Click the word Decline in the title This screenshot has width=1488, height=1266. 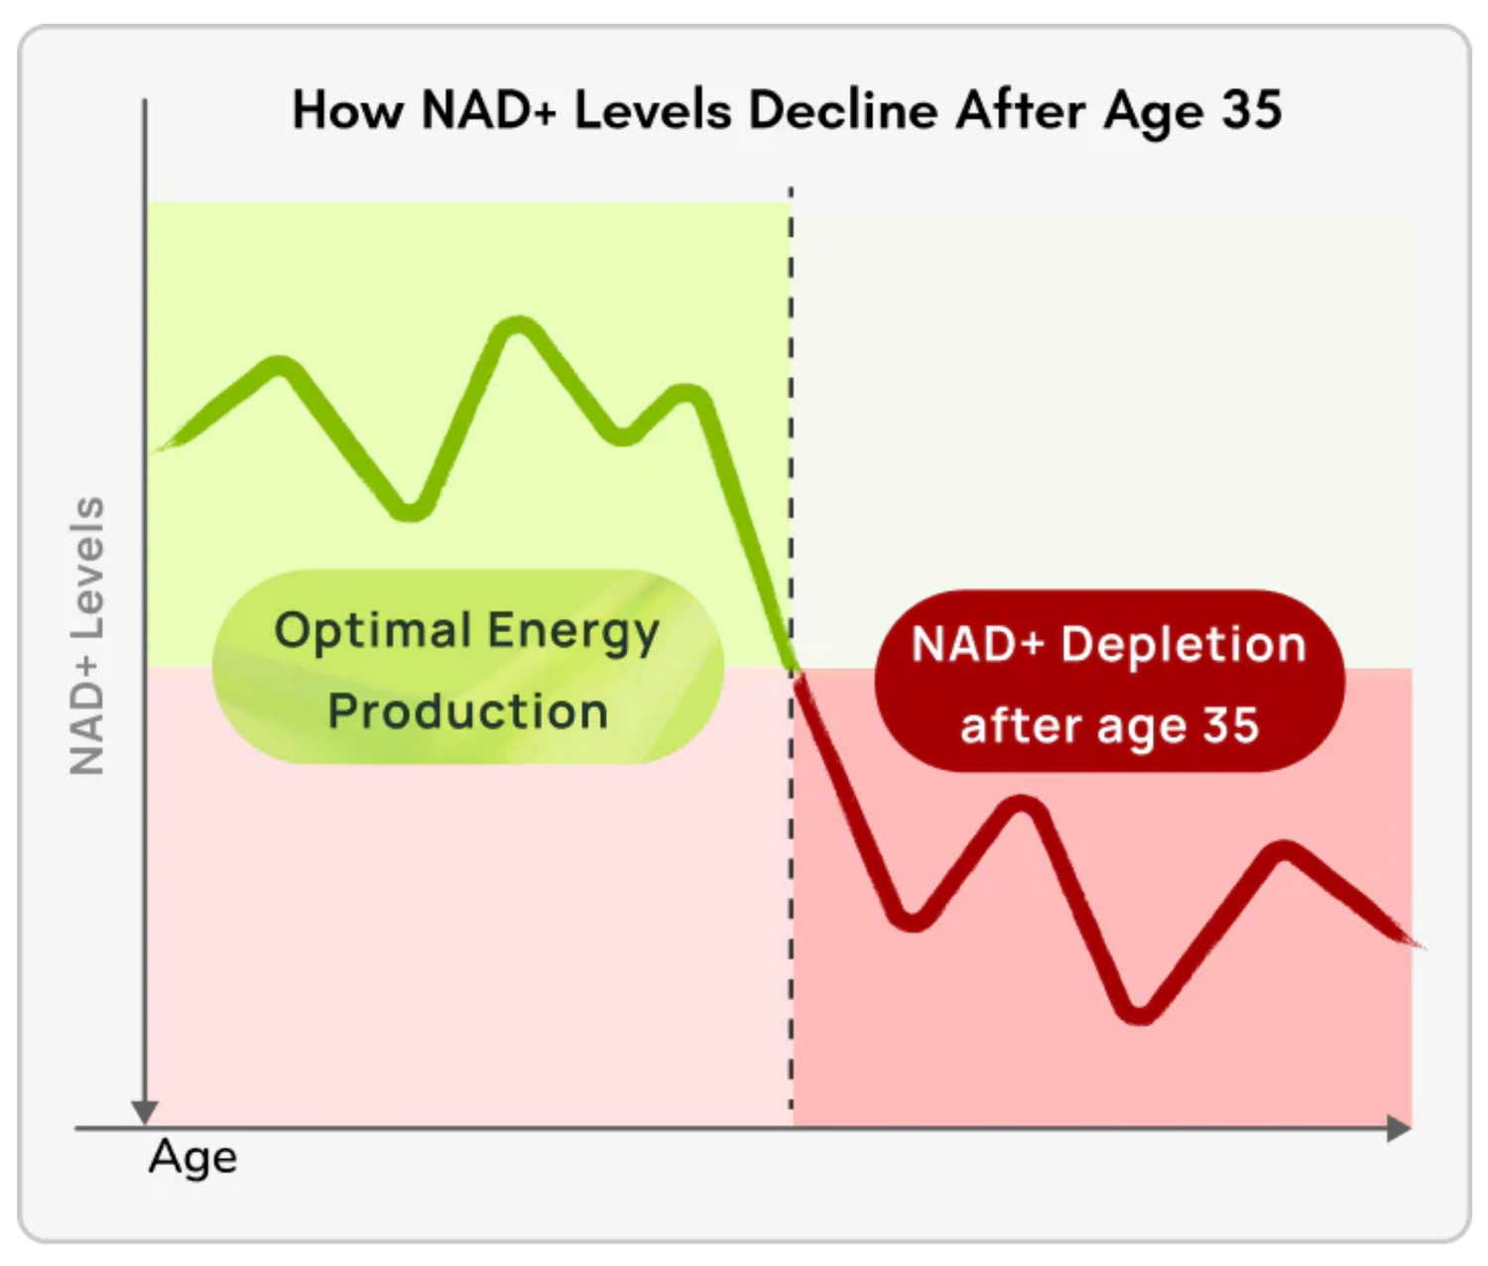click(842, 110)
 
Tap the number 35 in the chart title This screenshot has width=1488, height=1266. click(1252, 110)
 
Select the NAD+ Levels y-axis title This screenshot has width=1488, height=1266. click(87, 636)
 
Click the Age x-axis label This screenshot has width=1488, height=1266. click(193, 1157)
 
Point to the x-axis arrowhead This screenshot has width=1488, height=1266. click(1400, 1128)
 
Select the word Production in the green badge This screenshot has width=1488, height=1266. click(467, 711)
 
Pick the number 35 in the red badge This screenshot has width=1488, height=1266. click(1231, 725)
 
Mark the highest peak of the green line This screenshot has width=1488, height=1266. click(518, 327)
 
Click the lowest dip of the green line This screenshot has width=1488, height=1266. click(412, 511)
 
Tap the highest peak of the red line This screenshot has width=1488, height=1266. click(1022, 806)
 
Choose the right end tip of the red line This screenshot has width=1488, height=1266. click(1419, 944)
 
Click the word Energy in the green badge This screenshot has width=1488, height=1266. click(572, 632)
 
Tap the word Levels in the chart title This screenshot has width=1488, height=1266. click(653, 110)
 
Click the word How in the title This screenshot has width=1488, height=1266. click(347, 110)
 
